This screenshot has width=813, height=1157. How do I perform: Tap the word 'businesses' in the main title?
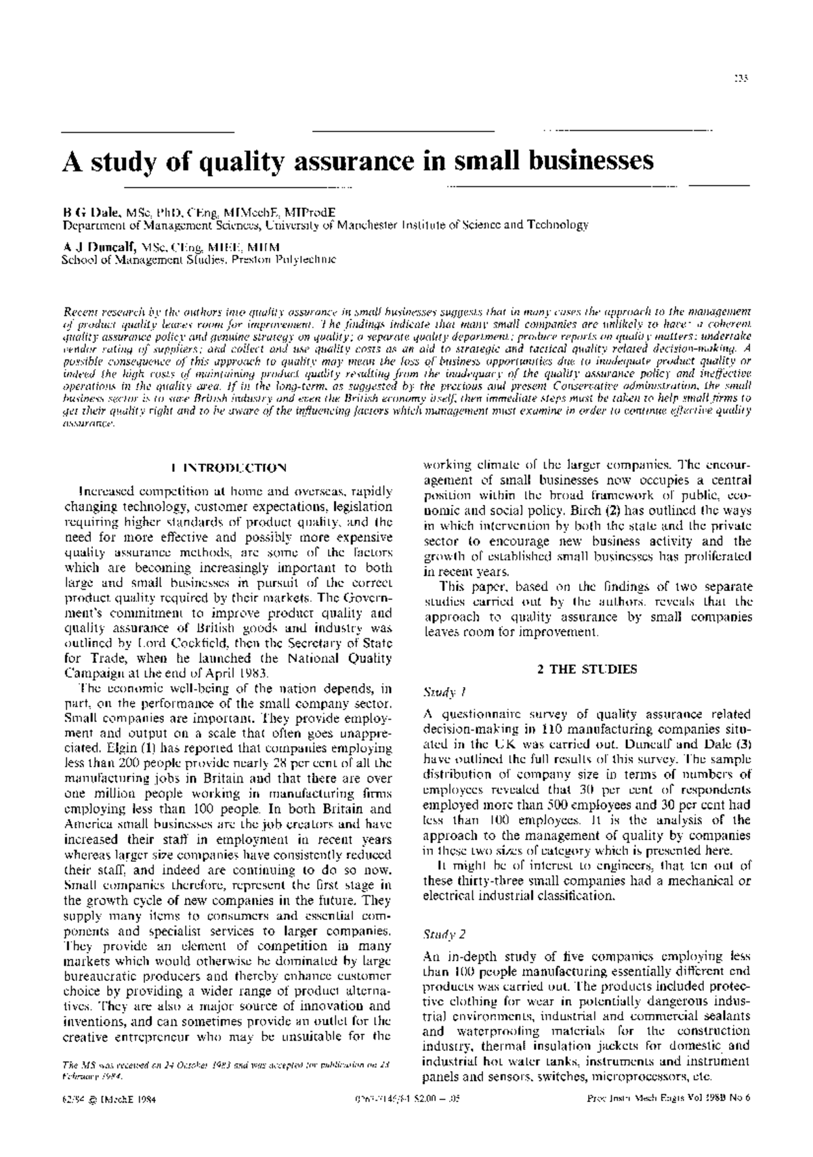(x=583, y=160)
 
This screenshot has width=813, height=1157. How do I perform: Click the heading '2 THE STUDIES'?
(x=587, y=669)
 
